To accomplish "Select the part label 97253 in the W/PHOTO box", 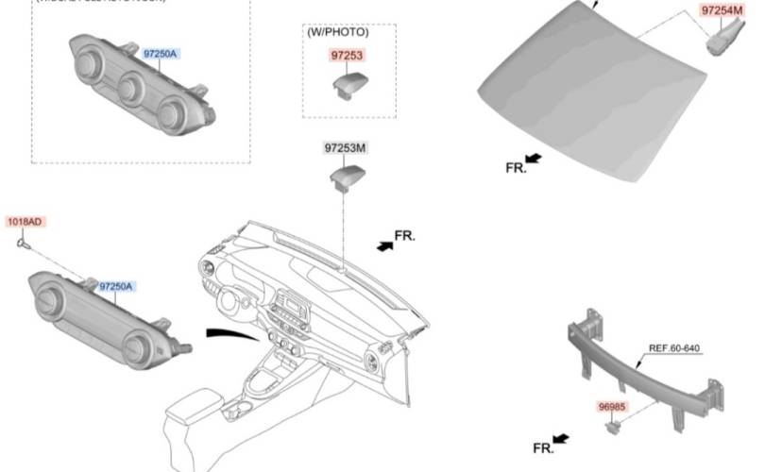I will (x=346, y=56).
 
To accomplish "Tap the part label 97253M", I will (x=346, y=148).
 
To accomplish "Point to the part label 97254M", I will (x=722, y=10).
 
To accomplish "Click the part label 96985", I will (x=611, y=407).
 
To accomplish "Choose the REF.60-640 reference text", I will (x=673, y=348).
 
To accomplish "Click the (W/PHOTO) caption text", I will (x=337, y=32).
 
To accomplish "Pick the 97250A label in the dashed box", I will (x=160, y=55).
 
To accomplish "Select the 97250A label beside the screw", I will (x=116, y=286).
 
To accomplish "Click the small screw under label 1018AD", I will (x=23, y=243).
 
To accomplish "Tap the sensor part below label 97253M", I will (x=348, y=176).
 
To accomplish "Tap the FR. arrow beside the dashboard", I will (x=385, y=244).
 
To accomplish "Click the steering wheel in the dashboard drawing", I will (x=230, y=303).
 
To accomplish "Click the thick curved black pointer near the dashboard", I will (x=232, y=332).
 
